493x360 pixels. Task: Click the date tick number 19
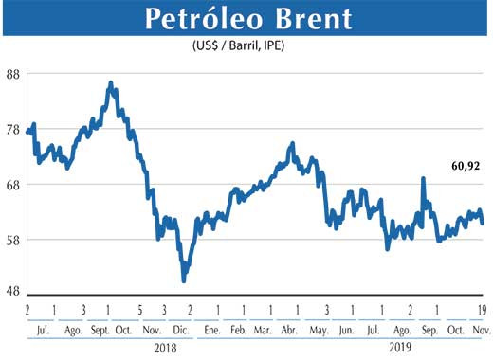click(483, 310)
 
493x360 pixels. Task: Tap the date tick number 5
click(139, 310)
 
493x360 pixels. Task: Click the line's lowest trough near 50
click(183, 279)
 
